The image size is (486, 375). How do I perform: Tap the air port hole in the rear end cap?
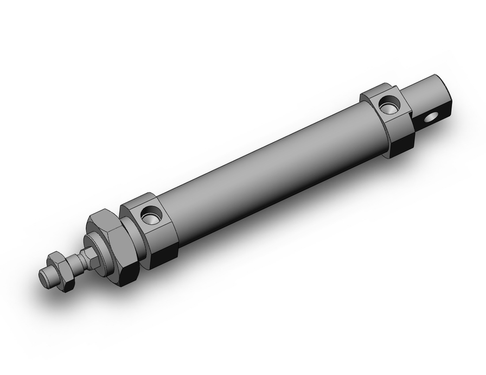point(389,104)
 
